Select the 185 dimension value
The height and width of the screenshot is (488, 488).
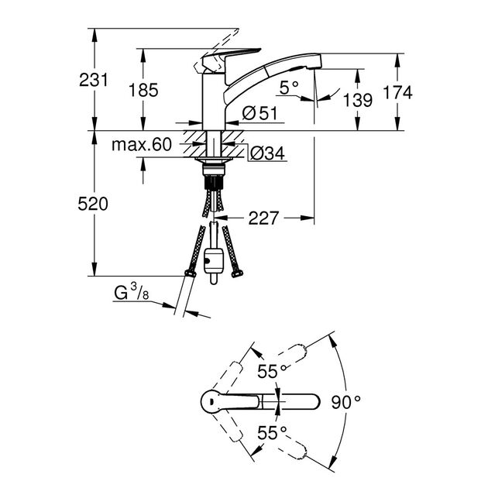(143, 90)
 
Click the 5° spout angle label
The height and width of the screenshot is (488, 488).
(288, 88)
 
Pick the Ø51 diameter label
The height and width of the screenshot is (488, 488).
(259, 113)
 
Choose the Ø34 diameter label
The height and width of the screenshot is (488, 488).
(267, 154)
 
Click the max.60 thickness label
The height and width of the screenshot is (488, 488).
(140, 145)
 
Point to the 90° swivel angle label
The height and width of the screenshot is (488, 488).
(346, 401)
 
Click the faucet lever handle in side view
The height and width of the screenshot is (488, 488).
(224, 58)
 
